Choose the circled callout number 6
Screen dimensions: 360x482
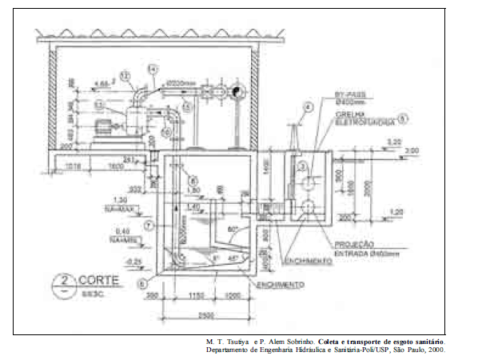tap(141, 282)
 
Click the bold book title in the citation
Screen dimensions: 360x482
tap(381, 342)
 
